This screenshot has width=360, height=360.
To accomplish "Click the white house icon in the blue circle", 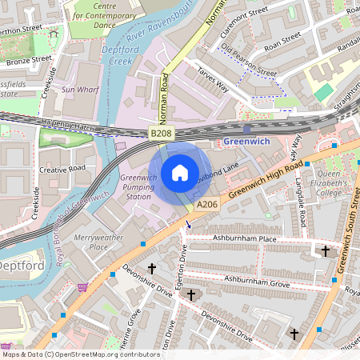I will point(180,172).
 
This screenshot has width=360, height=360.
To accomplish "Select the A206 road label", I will point(206,205).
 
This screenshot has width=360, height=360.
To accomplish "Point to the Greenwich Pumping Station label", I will point(134,186).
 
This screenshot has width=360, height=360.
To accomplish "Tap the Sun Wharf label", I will point(80,90).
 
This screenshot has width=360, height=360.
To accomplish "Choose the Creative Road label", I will point(62,170).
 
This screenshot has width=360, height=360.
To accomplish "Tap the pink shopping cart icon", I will point(82,286).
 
